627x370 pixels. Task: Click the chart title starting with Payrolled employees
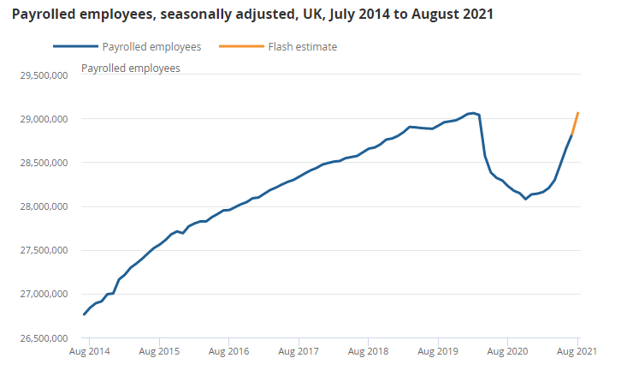coord(252,15)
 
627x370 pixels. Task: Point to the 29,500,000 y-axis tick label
coord(43,75)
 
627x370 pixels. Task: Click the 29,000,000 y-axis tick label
coord(43,119)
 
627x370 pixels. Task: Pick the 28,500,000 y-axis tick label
coord(43,163)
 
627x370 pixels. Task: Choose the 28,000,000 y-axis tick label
coord(43,206)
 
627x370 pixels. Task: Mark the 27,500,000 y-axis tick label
coord(43,250)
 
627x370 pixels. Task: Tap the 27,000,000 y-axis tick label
coord(43,294)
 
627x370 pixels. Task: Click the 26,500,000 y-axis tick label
coord(43,337)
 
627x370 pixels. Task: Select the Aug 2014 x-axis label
coord(89,351)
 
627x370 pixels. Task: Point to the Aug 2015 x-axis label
coord(159,351)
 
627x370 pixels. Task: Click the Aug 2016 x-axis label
coord(228,351)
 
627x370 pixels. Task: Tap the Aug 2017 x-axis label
coord(299,351)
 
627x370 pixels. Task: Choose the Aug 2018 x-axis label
coord(368,351)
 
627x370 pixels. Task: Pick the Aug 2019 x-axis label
coord(438,351)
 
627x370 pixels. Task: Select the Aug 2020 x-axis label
coord(508,351)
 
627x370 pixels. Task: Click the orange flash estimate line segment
coord(575,123)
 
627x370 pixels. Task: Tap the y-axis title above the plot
coord(130,68)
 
